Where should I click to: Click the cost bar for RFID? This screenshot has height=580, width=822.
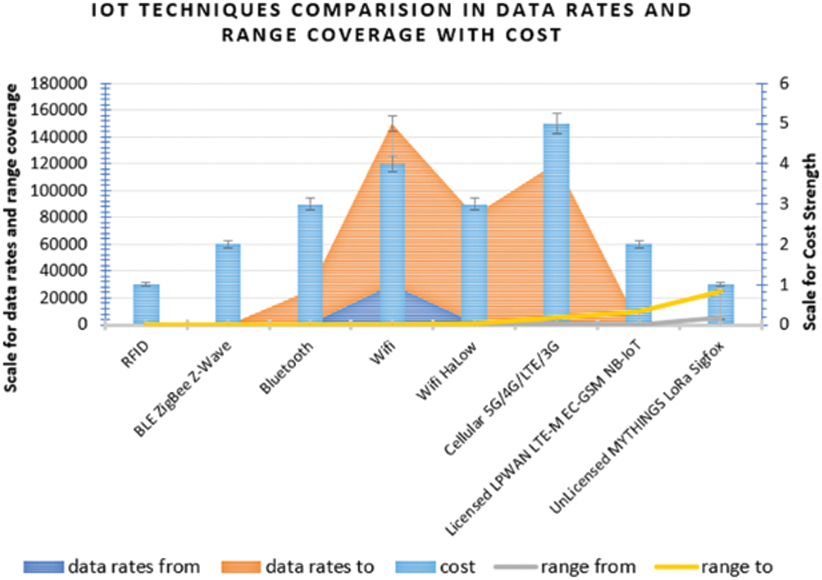coord(146,304)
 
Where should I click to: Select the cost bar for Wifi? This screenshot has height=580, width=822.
coord(393,243)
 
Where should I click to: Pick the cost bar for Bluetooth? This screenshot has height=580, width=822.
coord(310,263)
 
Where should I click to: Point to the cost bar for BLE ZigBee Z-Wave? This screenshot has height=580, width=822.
coord(228,283)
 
